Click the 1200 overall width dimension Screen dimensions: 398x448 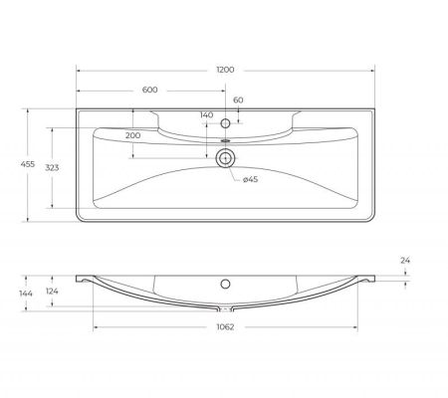click(x=225, y=69)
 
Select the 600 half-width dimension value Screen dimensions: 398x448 click(x=150, y=91)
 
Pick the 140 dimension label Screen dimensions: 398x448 click(x=207, y=115)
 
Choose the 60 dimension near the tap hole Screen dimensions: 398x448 click(x=238, y=100)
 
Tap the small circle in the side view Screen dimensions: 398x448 click(x=225, y=282)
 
